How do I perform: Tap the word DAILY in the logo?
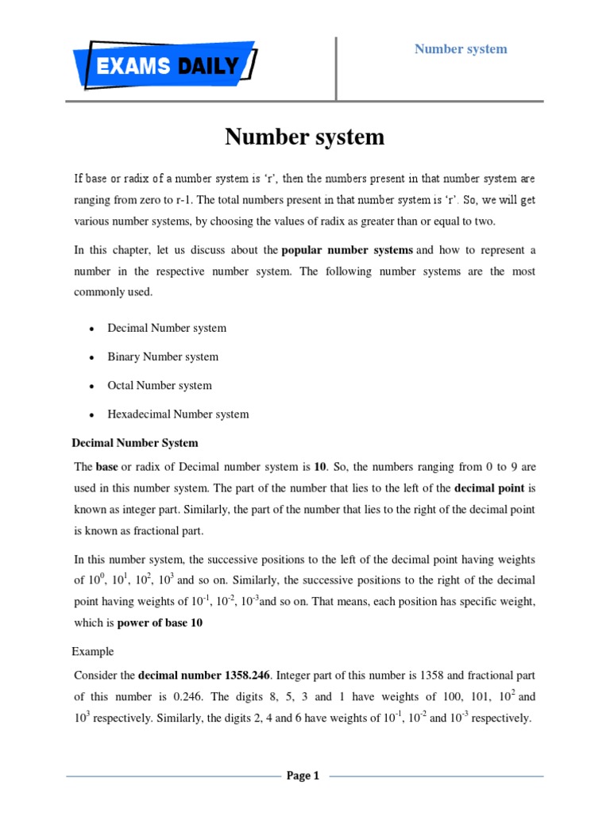coord(207,66)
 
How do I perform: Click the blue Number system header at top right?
coord(461,49)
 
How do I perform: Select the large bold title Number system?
coord(304,137)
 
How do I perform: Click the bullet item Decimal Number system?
coord(167,328)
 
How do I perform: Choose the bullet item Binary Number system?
coord(163,356)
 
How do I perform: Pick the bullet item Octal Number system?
coord(160,385)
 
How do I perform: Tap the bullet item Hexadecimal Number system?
coord(178,414)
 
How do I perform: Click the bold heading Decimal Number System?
coord(135,442)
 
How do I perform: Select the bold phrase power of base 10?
coord(160,623)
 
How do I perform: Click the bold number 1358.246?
coord(243,675)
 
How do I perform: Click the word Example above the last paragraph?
coord(93,652)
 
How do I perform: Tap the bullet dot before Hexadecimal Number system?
coord(93,414)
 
